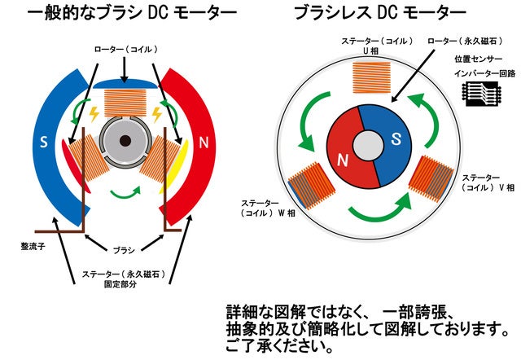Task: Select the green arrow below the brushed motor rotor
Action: pos(125,192)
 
